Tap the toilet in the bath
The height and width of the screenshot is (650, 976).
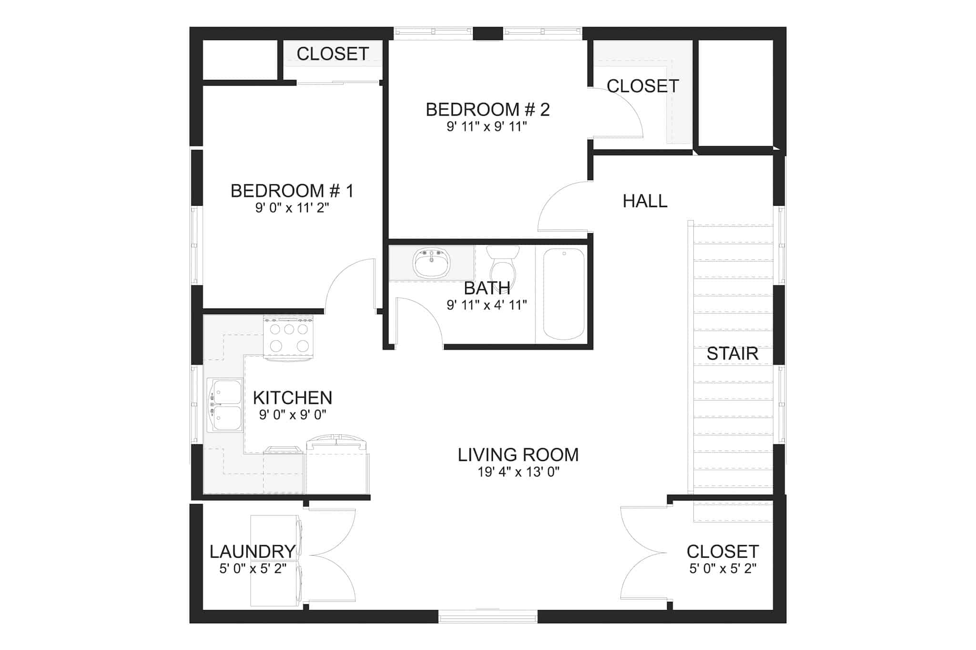tap(503, 264)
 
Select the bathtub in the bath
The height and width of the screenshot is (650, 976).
tap(564, 294)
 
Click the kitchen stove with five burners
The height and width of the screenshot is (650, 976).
tap(288, 338)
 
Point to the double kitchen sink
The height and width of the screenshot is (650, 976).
tap(225, 405)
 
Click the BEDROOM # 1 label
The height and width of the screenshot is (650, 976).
tap(292, 191)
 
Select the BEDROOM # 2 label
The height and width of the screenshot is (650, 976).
tap(488, 110)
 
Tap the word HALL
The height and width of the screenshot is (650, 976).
tap(645, 201)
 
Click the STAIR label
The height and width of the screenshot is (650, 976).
tap(732, 354)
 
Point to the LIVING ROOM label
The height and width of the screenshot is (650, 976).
tap(518, 455)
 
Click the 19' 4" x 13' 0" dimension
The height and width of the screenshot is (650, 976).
tap(518, 472)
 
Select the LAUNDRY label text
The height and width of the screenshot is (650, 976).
tap(253, 551)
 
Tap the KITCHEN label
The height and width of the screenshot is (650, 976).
tap(292, 398)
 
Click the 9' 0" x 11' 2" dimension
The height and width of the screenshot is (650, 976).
tap(292, 208)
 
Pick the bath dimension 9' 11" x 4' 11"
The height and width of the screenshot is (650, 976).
tap(487, 305)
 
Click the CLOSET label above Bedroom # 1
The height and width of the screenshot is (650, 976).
tap(333, 54)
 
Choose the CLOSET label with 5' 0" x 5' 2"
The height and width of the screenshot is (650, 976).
tap(722, 551)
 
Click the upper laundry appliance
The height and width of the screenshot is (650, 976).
tap(275, 537)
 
